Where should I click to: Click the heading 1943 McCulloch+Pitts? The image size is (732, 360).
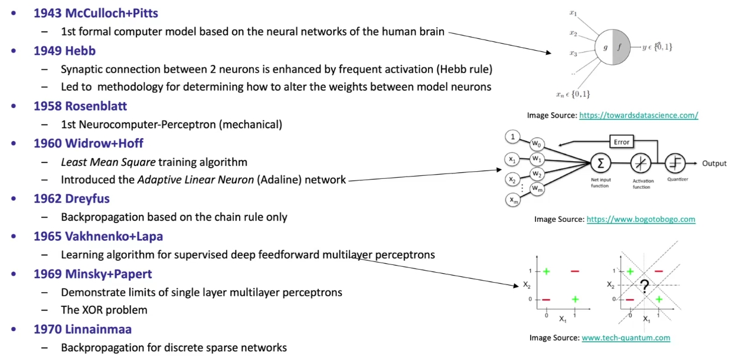point(96,12)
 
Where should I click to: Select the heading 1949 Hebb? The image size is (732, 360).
point(64,50)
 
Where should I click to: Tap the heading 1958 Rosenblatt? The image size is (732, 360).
point(80,106)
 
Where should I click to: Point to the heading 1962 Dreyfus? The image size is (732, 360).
point(71,198)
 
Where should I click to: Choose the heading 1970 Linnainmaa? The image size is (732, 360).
point(82,329)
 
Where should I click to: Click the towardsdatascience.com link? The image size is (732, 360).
point(638,116)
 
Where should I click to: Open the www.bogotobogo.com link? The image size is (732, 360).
point(640,219)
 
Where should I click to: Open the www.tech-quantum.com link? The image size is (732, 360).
point(626,338)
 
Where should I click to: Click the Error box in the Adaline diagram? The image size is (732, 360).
point(622,142)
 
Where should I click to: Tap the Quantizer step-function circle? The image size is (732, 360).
point(674,163)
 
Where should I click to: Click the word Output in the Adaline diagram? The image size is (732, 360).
point(714,163)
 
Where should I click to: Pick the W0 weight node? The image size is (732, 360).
point(536,143)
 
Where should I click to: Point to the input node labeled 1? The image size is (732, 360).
point(513,137)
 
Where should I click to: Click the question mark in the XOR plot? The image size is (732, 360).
point(645,287)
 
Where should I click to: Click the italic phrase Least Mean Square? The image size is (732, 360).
point(97,162)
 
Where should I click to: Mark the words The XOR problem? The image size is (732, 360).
point(104,310)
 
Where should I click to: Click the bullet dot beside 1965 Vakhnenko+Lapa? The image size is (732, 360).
point(14,236)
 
